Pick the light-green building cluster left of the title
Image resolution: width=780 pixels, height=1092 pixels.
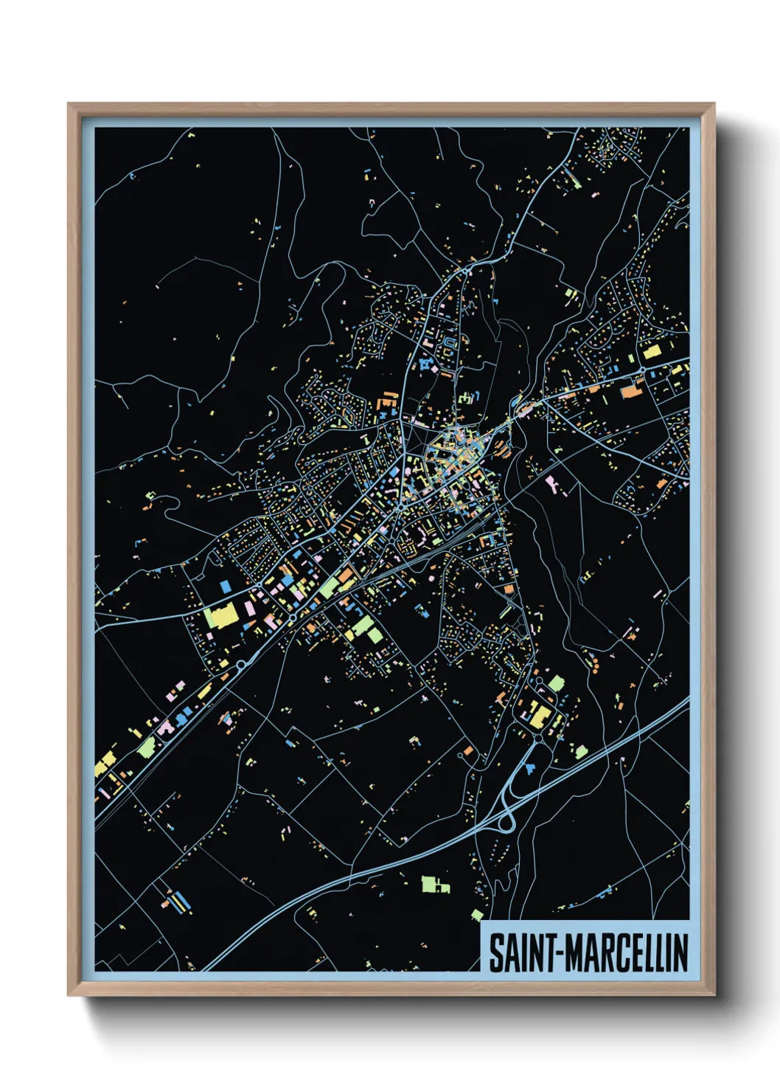coord(435,884)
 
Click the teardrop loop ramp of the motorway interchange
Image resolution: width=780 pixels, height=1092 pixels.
coord(507,821)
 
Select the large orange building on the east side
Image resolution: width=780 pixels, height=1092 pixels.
coord(632,390)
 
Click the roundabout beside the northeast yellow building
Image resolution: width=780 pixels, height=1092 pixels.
coord(642,369)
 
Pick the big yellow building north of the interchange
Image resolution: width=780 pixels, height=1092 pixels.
coord(540,713)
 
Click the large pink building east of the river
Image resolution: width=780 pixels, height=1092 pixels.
coord(552,483)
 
